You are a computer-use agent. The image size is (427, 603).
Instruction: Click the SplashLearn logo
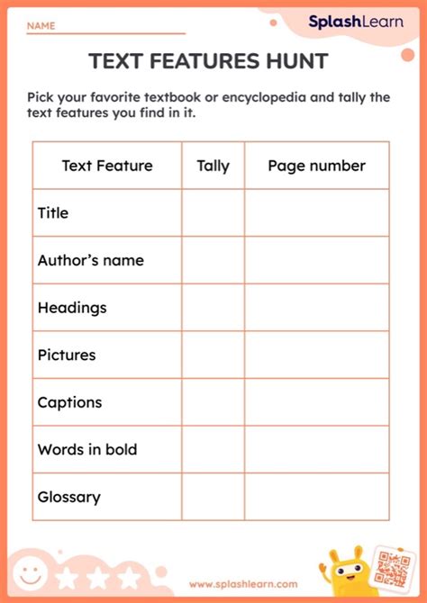356,22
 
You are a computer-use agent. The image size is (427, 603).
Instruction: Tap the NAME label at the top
40,27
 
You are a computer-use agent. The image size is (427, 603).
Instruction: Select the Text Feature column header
107,166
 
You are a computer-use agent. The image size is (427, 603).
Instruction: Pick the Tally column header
213,166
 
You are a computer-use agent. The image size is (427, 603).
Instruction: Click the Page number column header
316,166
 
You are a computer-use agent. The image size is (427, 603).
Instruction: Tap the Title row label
53,213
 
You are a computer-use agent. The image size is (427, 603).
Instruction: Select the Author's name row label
90,260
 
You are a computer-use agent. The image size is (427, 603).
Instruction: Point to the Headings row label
72,308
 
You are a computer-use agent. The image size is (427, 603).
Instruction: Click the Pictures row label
67,355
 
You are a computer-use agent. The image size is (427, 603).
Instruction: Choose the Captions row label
69,402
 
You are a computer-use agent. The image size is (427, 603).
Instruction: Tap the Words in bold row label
87,449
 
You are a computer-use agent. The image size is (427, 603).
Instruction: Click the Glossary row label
69,497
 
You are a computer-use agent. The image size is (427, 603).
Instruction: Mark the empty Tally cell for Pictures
213,355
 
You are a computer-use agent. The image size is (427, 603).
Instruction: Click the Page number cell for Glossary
316,497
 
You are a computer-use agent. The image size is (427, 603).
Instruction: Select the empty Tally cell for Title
213,213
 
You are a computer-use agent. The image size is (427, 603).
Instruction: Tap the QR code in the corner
393,569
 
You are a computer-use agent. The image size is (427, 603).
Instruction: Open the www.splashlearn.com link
243,584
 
